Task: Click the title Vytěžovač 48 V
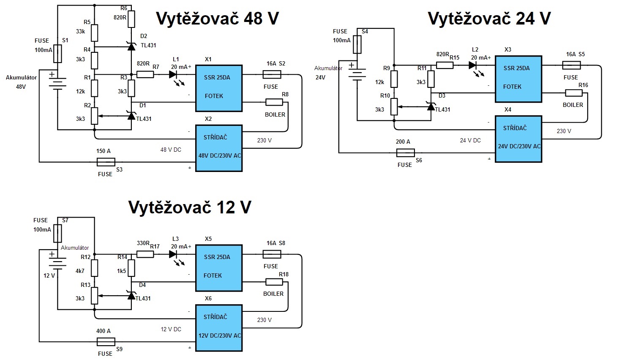217,19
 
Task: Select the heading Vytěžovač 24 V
489,19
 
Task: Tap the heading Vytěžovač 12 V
190,207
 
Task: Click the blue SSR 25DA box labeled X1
219,88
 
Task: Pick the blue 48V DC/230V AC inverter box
219,148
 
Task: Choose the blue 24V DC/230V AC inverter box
518,139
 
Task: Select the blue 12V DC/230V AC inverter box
219,327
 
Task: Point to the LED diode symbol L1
173,75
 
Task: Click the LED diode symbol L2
472,65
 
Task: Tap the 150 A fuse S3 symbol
106,162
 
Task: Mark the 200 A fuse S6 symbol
406,153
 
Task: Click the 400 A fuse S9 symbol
106,341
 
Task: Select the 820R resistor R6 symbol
131,19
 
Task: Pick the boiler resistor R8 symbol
274,102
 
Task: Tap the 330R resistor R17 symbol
145,254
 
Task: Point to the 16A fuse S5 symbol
571,65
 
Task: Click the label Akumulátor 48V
21,82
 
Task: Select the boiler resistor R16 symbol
574,93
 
